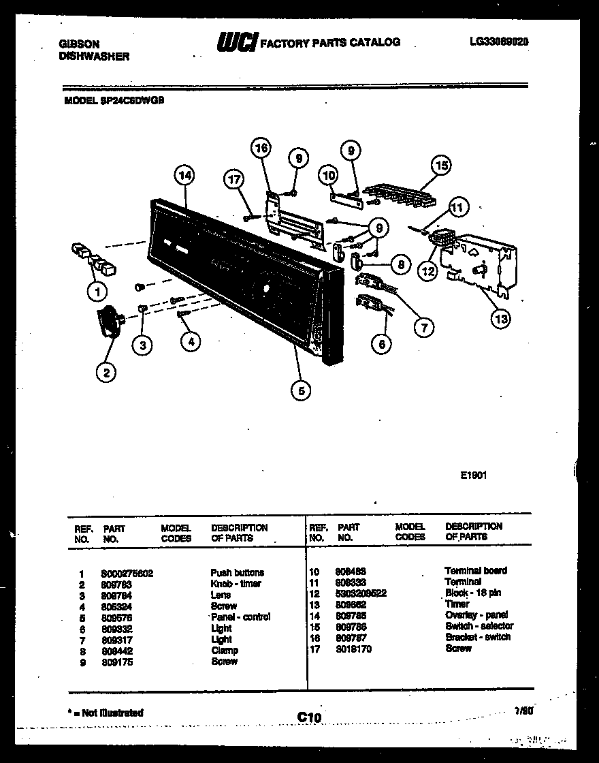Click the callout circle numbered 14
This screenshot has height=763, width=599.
(x=184, y=175)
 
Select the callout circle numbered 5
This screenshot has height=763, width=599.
(x=300, y=390)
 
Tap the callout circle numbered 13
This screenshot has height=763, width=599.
(x=500, y=318)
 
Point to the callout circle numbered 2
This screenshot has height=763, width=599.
(x=106, y=371)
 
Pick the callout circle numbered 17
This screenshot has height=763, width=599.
(x=234, y=180)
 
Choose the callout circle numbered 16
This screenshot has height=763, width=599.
(x=261, y=148)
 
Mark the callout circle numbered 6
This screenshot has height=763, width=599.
(x=381, y=344)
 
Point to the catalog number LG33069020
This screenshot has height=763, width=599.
(x=499, y=42)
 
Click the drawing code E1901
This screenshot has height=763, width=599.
(x=473, y=477)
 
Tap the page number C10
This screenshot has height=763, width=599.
(x=308, y=716)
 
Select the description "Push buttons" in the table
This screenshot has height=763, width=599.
(x=237, y=573)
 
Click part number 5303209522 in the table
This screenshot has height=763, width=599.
(x=360, y=593)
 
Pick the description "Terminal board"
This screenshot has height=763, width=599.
(x=475, y=570)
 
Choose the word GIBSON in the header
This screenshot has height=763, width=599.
(x=76, y=45)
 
